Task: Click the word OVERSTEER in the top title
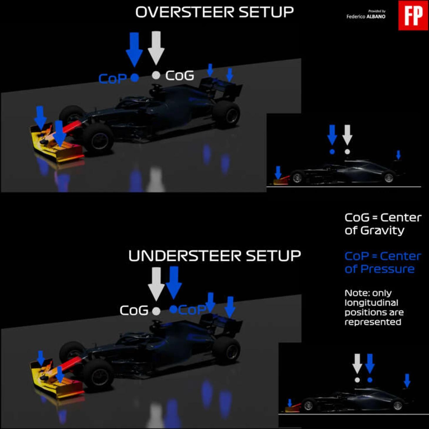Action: point(185,12)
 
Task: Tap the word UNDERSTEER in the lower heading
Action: point(185,256)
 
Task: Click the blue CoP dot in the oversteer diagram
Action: point(135,78)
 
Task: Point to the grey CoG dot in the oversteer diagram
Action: point(156,75)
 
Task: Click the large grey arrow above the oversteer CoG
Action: point(156,48)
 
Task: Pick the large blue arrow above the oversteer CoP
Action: point(134,49)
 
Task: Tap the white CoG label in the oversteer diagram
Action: point(180,76)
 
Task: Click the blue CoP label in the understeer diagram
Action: point(192,310)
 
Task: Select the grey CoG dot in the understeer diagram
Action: point(156,311)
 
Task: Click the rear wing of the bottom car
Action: point(221,325)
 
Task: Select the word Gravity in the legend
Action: point(383,230)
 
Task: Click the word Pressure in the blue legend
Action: point(387,269)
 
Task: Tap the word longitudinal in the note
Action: point(371,303)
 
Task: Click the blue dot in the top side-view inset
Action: point(332,152)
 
